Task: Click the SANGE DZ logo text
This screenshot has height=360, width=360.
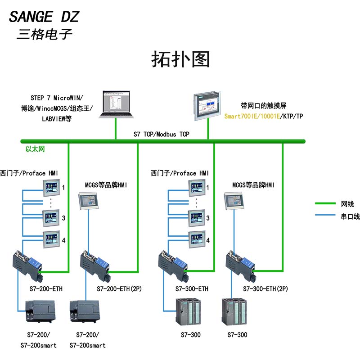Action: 44,17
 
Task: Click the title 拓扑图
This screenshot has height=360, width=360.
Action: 180,59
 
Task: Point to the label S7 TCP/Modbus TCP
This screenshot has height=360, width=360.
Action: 162,134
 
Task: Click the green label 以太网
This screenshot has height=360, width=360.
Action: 35,149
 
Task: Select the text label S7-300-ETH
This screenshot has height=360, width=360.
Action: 191,289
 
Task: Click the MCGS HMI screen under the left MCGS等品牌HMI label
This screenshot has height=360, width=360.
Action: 88,200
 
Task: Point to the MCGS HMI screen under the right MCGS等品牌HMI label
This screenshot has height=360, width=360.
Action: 235,200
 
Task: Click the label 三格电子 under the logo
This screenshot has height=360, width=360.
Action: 44,35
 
